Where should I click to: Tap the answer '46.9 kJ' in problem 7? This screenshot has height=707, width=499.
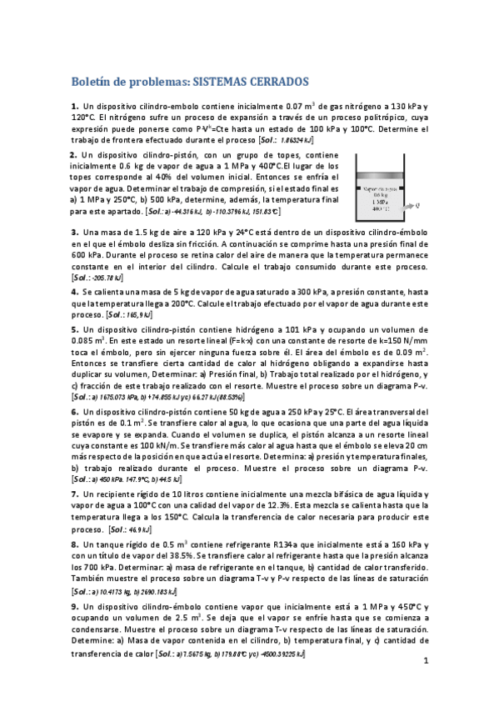coord(134,529)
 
